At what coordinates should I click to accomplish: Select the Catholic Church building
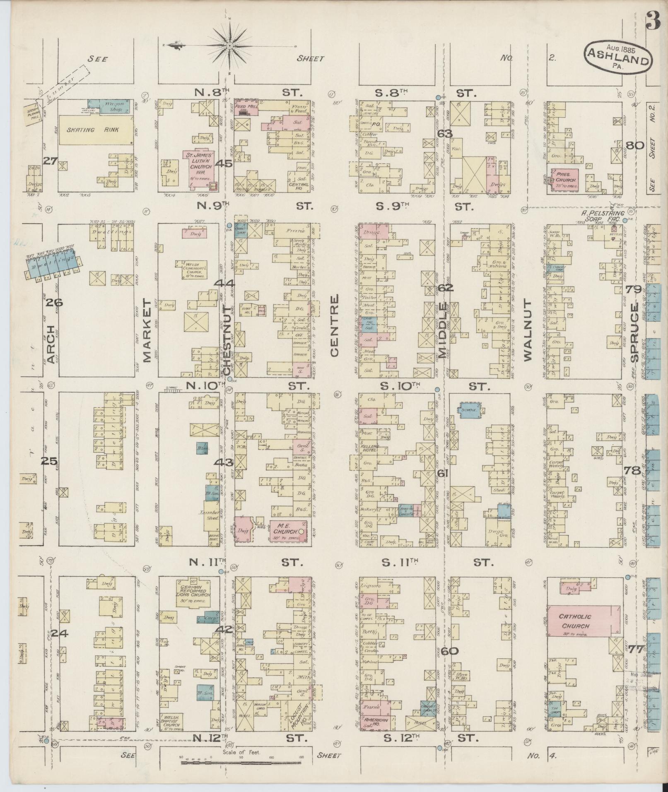click(584, 621)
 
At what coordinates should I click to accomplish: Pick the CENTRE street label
click(335, 325)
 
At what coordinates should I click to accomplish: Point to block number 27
click(51, 161)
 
